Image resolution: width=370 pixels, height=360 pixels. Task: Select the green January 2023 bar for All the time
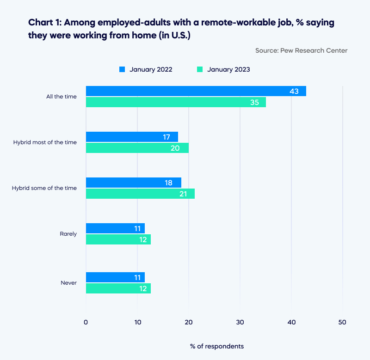(x=176, y=102)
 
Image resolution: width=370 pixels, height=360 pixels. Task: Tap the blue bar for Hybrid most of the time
(x=132, y=137)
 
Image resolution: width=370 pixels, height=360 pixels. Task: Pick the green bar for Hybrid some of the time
(x=140, y=194)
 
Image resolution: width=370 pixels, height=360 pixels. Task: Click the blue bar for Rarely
(x=115, y=228)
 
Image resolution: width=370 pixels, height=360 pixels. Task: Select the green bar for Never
(x=118, y=288)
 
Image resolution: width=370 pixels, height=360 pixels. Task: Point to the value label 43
(x=294, y=91)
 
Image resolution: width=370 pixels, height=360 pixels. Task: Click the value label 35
(x=254, y=102)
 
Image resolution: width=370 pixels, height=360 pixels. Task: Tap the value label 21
(x=183, y=194)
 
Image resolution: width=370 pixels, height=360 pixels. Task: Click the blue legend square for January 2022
(x=123, y=69)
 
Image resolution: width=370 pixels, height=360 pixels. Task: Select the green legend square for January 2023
(x=200, y=69)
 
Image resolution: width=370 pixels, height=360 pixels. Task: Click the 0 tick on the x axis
(x=86, y=322)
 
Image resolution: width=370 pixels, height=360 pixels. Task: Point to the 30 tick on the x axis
(x=240, y=322)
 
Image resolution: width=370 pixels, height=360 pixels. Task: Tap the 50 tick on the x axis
(x=342, y=322)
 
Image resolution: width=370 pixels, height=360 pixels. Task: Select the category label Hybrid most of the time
(x=45, y=142)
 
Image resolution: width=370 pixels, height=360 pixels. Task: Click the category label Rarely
(x=68, y=234)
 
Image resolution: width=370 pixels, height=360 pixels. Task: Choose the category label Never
(x=68, y=283)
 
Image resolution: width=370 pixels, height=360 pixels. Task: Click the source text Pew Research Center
(x=314, y=50)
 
